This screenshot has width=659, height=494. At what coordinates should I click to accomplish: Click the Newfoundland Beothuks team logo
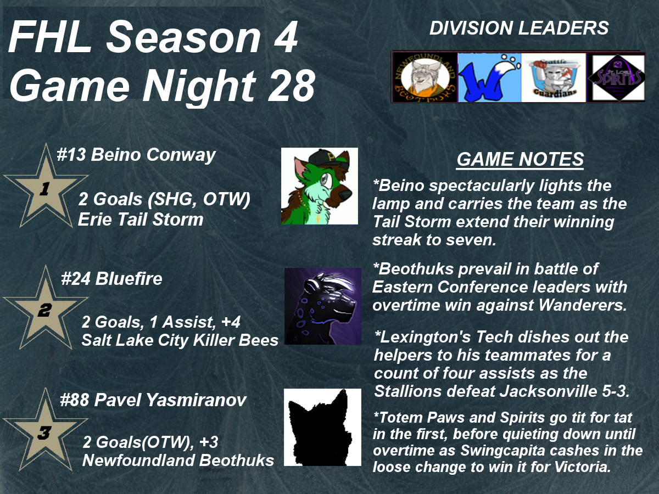click(425, 77)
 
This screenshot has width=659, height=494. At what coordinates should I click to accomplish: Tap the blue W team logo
click(489, 77)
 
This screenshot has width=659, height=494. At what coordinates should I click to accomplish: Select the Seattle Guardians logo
click(554, 77)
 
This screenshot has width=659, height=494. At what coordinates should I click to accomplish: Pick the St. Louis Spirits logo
click(616, 77)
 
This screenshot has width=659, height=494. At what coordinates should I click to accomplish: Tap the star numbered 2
click(46, 308)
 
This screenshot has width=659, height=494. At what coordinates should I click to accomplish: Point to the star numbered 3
click(45, 430)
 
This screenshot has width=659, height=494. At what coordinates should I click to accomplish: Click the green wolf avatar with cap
click(320, 186)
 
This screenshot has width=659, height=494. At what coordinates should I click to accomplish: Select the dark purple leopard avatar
click(323, 306)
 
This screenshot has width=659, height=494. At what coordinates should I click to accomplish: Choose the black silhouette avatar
click(322, 427)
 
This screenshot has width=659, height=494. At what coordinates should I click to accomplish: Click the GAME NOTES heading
click(520, 159)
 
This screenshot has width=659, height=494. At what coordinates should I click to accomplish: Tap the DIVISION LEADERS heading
click(519, 28)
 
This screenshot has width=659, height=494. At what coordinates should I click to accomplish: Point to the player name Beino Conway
click(153, 155)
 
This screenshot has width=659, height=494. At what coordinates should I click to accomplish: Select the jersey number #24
click(76, 279)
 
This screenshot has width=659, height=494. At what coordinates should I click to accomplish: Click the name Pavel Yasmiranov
click(170, 400)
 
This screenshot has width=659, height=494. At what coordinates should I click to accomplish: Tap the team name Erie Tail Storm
click(141, 219)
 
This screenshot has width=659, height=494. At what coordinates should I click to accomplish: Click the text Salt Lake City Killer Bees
click(180, 340)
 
